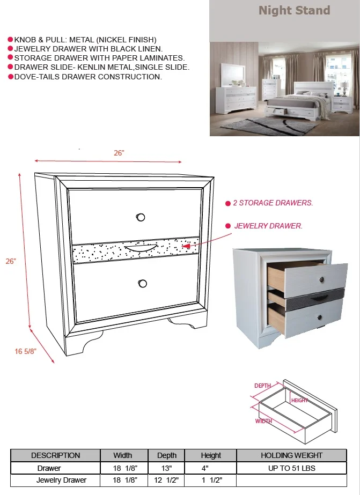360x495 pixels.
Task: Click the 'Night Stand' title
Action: [295, 10]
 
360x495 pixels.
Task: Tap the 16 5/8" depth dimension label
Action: [26, 351]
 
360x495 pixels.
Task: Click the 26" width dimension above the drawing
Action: [119, 153]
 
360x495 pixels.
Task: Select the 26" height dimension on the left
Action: [11, 261]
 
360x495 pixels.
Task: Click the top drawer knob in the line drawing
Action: [141, 217]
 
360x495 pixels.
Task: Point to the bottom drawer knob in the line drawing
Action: [142, 284]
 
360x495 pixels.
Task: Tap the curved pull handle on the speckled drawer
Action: [141, 248]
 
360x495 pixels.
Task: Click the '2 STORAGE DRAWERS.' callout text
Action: [273, 203]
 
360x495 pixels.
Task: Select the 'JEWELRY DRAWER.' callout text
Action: [268, 226]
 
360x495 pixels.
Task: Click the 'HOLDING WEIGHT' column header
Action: [291, 455]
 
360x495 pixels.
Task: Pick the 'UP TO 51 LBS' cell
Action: [291, 468]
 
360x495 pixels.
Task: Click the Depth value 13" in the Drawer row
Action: [166, 468]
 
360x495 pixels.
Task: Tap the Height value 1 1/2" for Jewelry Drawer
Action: [211, 480]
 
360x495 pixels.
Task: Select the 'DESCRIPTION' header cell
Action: [56, 455]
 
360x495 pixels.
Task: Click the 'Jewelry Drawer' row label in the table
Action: [61, 480]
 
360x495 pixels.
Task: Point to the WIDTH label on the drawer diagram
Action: [263, 421]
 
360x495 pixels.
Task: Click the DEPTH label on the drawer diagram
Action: [263, 386]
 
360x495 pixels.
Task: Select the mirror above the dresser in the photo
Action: [233, 75]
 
